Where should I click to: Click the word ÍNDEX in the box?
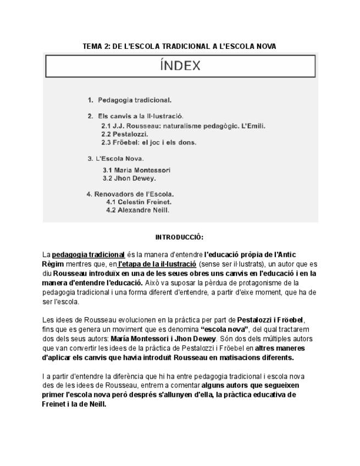click(180, 66)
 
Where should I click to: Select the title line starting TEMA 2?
click(179, 47)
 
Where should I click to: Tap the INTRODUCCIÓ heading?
click(179, 237)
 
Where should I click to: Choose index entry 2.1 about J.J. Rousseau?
click(183, 126)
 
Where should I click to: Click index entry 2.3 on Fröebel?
click(148, 142)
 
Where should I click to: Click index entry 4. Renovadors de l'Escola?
click(130, 194)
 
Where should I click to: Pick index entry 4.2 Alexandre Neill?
click(138, 210)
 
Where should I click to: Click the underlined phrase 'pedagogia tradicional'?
click(88, 255)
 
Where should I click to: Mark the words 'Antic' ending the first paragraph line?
click(286, 255)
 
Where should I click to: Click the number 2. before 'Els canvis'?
click(90, 116)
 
